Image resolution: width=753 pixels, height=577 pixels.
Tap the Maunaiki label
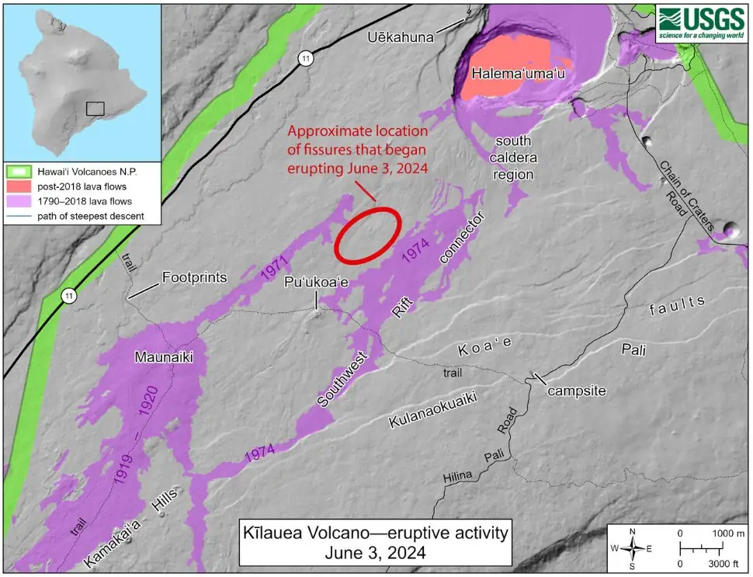pos(162,357)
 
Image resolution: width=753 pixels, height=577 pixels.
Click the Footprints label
pos(194,276)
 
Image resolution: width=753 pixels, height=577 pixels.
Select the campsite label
pos(575,391)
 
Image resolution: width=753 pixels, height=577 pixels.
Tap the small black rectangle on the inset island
pos(95,108)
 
